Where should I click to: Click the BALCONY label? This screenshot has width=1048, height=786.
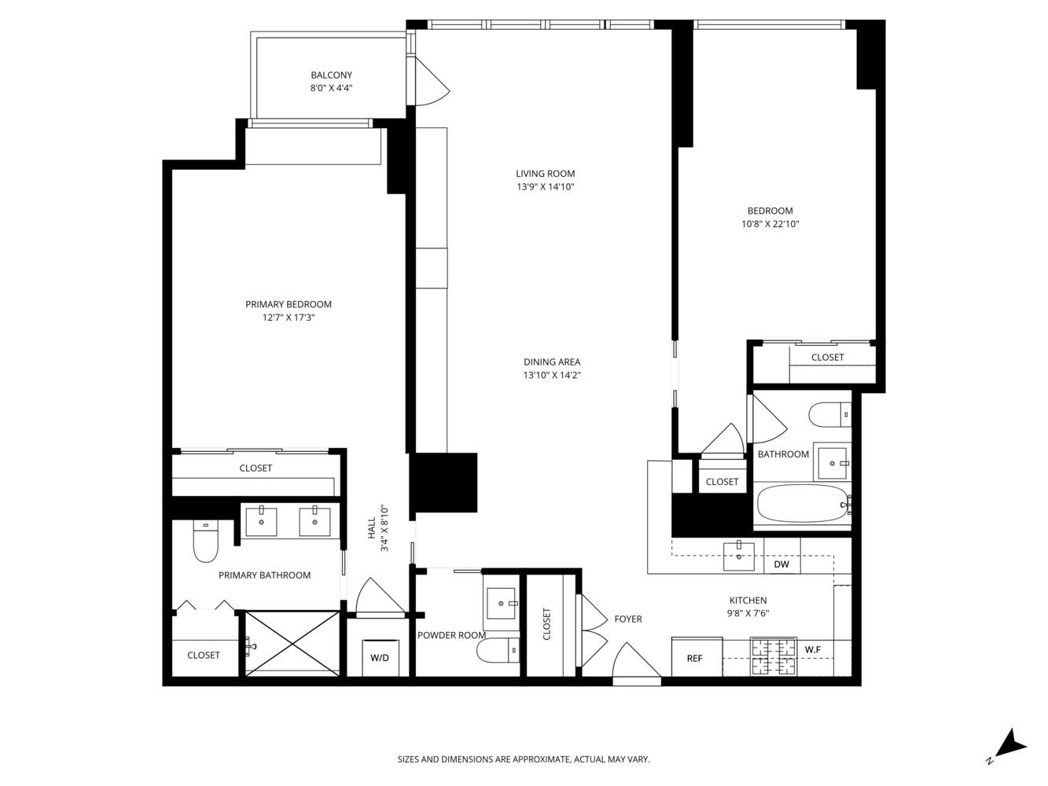point(331,75)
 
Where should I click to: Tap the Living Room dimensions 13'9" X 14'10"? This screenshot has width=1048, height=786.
point(545,187)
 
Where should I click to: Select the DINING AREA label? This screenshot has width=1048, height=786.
point(552,362)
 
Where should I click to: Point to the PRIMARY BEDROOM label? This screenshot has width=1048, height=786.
point(288,305)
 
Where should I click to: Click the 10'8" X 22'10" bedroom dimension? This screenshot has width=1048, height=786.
point(770,224)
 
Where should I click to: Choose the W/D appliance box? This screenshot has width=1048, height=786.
point(380,658)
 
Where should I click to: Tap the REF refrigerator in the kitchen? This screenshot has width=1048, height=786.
point(696,658)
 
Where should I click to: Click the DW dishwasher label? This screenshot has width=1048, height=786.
point(781,564)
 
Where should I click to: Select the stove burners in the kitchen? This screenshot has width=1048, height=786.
point(774,656)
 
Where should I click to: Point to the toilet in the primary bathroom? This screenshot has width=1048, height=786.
point(205,543)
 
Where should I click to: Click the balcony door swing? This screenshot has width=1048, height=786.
point(430,83)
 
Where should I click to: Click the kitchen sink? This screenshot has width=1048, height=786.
point(739,556)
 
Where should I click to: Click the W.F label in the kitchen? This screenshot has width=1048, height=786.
point(813,650)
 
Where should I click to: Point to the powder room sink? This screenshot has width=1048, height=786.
point(501,604)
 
